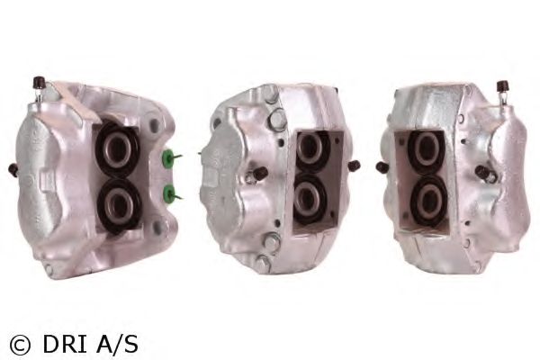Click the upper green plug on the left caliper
coord(167,157)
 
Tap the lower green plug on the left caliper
coord(169,193)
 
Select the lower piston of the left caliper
coord(119,205)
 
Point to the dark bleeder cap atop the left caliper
coord(39,83)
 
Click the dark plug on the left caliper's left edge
coord(13,169)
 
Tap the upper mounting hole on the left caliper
coord(154,124)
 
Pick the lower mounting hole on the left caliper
coord(157,227)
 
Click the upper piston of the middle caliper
coord(311,148)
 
